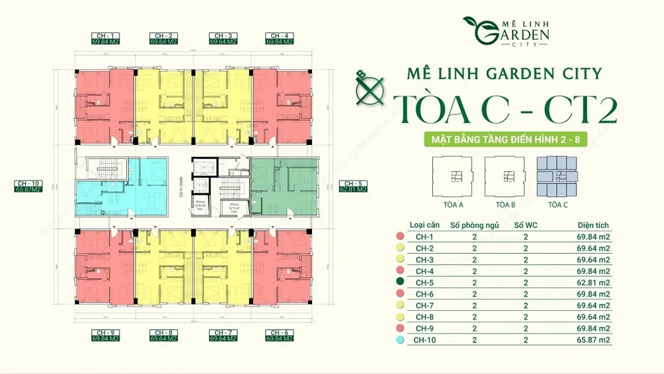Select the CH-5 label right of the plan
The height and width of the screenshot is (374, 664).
353,185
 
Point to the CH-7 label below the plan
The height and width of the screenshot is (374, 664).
222,335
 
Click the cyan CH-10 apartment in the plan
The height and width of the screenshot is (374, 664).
123,187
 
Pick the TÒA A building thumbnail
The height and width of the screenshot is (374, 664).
454,175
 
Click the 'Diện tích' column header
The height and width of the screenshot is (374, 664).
592,225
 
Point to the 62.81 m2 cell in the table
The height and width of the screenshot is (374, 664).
594,282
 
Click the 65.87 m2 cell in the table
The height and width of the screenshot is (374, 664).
594,340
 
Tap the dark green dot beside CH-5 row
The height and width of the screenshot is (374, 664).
399,282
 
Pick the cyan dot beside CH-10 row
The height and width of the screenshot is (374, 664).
399,340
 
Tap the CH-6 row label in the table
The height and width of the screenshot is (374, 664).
425,294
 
